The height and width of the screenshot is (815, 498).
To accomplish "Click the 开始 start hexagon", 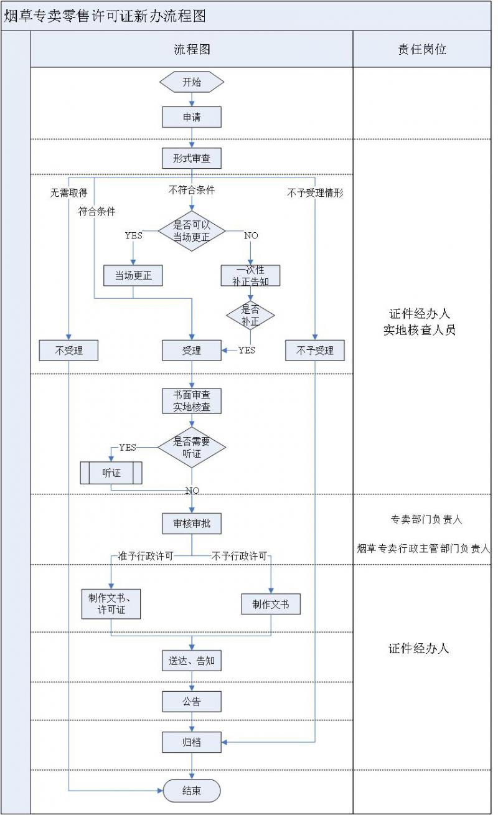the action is coord(192,82).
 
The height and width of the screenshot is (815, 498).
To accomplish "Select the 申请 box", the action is coord(192,117).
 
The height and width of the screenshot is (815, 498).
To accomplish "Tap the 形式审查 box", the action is coord(192,158).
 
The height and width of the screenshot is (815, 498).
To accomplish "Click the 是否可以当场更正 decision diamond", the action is coord(192,231).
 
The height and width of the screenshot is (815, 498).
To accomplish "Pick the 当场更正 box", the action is coord(133,275).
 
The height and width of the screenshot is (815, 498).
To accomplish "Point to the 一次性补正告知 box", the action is coord(251,275).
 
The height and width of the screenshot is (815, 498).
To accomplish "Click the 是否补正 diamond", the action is coord(251,315).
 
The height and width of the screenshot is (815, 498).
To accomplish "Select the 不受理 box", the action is coord(68,351).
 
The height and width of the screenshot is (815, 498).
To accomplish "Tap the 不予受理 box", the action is coord(315,351).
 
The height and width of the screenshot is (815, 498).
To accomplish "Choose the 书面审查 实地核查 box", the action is coord(192,401).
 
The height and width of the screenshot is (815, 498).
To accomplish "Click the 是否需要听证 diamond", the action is coord(192,448).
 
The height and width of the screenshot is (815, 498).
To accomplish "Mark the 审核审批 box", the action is coord(192,524).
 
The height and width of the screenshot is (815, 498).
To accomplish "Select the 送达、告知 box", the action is coord(192,661).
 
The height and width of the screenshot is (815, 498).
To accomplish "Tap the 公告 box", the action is coord(192,702).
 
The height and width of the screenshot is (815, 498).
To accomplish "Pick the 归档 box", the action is coord(192,742).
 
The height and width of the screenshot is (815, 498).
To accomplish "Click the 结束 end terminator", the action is coord(192,791).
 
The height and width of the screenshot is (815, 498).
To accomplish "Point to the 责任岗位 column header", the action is coord(422,49).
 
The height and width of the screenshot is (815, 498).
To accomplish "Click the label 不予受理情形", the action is coord(315,193).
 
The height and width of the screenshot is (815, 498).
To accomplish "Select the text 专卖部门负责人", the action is coord(426,519).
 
